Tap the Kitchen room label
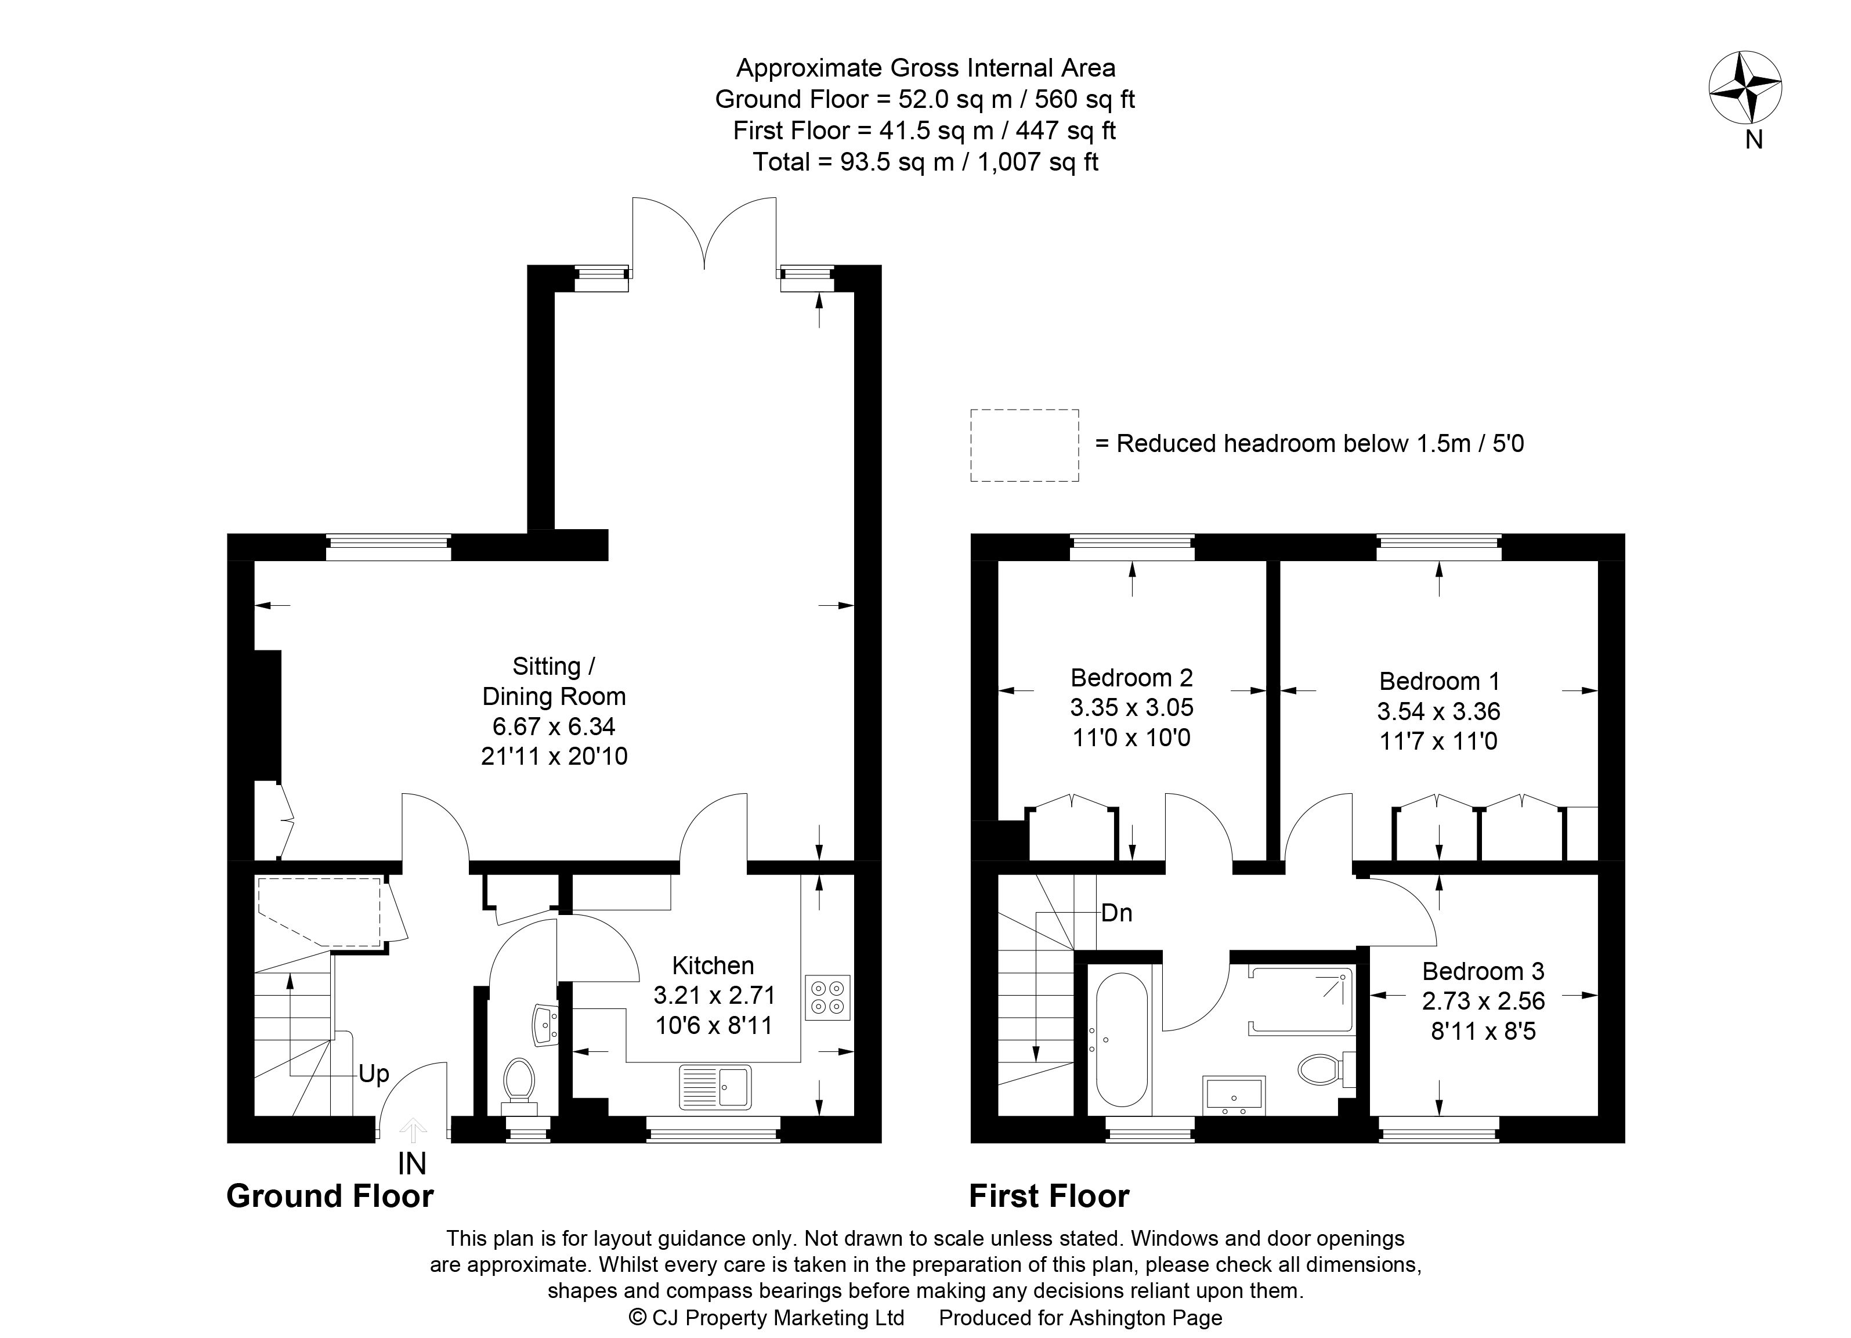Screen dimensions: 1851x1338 pos(713,966)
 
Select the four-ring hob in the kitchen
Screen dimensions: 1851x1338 pos(827,997)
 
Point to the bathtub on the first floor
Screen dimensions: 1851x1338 pos(1122,1040)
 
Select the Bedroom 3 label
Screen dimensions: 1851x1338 pos(1483,972)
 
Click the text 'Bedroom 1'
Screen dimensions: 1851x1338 pos(1440,681)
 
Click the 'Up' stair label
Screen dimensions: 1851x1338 pos(374,1075)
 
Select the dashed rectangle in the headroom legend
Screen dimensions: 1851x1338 pos(1024,446)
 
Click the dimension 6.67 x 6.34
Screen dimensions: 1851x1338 pos(554,726)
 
